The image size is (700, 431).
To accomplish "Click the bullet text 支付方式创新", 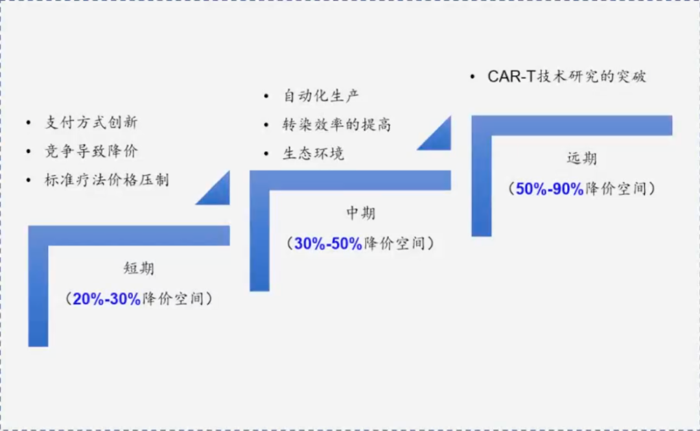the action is (x=91, y=122).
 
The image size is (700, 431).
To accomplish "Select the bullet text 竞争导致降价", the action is (x=91, y=151).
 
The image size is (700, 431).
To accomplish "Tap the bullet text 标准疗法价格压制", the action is (x=107, y=180).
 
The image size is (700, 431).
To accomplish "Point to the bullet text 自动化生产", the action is (x=321, y=95).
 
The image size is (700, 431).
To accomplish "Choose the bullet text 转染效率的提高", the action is (x=336, y=124).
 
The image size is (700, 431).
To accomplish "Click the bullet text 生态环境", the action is (x=314, y=154).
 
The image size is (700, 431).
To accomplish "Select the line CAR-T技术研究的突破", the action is (x=566, y=76).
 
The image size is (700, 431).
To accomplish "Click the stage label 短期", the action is (x=139, y=268).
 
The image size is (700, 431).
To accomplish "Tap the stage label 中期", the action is (x=361, y=213).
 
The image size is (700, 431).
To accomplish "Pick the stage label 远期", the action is (x=581, y=159).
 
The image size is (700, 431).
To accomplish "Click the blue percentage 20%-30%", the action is (x=107, y=299).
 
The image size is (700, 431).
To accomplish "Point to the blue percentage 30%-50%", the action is (x=328, y=244).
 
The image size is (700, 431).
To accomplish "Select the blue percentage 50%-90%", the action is (x=550, y=189).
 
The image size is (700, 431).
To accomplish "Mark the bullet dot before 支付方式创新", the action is (x=29, y=122).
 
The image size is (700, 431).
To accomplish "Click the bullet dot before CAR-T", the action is (x=472, y=77).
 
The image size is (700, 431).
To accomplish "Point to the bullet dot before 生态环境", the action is (x=266, y=154).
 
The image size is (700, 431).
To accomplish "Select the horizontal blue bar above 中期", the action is (x=350, y=180).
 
